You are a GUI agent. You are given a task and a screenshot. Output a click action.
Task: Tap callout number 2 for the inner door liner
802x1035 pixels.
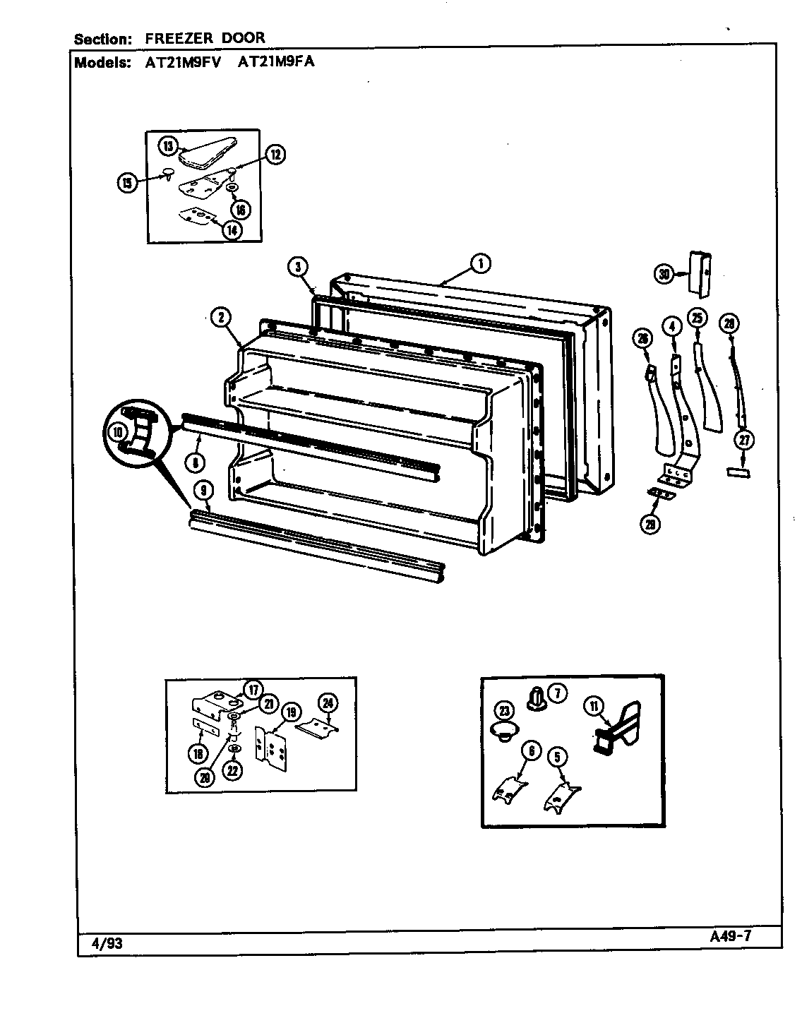pos(221,318)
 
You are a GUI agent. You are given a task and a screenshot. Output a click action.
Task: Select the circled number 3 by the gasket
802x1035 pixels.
pos(298,266)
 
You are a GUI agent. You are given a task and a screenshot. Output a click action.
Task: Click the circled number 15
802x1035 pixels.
pos(127,183)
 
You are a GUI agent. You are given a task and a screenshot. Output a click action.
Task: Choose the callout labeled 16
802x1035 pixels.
pos(240,210)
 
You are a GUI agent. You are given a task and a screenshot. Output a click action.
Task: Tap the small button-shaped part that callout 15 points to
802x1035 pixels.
pos(168,172)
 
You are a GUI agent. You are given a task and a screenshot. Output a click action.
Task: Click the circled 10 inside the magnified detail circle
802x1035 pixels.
pos(116,430)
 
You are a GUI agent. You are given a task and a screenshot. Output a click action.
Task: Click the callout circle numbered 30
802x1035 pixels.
pos(664,274)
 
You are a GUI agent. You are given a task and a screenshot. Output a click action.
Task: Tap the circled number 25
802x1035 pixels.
pos(698,318)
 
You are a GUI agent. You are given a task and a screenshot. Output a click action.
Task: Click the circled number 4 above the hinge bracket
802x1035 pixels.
pos(671,325)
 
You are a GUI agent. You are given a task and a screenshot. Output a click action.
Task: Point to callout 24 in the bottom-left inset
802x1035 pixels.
pos(327,702)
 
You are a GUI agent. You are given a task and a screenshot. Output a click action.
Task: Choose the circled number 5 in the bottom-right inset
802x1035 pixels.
pos(557,757)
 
